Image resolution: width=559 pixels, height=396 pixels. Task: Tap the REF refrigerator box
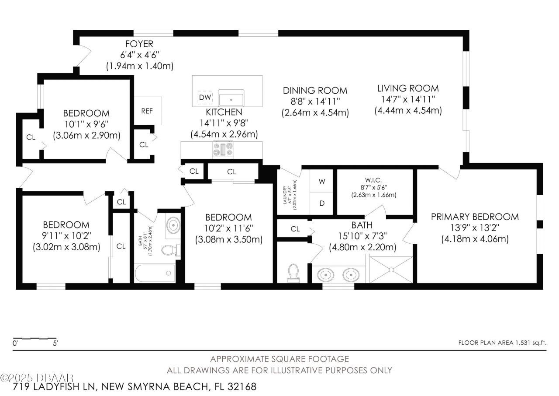[147, 111]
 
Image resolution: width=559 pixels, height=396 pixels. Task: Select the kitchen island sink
[231, 97]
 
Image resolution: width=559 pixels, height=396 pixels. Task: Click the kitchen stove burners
[224, 150]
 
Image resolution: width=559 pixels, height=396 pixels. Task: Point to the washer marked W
[322, 181]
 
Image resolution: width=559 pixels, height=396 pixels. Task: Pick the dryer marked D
[322, 203]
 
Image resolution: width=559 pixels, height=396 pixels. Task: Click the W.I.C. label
[373, 179]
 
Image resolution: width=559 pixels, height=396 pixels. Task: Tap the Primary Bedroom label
[475, 217]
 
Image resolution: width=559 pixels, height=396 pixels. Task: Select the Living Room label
[408, 89]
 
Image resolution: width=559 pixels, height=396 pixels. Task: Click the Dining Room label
[315, 91]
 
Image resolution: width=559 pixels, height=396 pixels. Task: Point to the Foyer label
[139, 44]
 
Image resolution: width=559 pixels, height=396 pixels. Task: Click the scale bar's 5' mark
[55, 343]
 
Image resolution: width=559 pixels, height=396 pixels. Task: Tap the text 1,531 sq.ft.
[530, 343]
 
